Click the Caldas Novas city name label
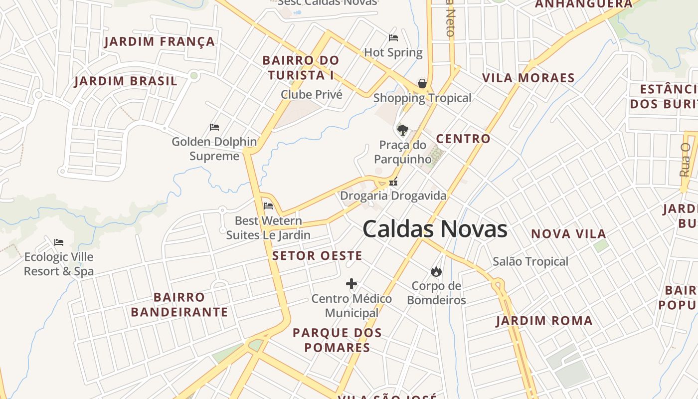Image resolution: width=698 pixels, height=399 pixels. click(x=435, y=229)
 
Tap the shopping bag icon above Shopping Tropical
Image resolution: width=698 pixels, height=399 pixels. click(x=422, y=83)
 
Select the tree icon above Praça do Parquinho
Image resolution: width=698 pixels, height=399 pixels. click(x=402, y=130)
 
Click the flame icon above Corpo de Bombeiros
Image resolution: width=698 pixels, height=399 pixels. click(x=436, y=271)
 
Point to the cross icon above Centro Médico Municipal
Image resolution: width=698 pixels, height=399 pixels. click(x=351, y=284)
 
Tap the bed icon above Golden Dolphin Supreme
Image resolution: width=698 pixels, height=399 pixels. click(x=214, y=127)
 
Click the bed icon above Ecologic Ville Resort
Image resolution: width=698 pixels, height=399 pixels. click(x=59, y=242)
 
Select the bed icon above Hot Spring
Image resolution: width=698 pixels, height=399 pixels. click(x=393, y=37)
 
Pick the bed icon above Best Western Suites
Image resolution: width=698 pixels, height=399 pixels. click(x=268, y=205)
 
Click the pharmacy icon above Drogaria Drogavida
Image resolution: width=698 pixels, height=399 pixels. click(x=393, y=182)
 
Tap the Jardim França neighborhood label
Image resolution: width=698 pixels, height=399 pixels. click(x=160, y=41)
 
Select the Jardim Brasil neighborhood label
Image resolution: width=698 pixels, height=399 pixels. click(x=126, y=81)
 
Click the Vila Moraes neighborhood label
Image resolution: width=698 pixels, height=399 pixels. click(x=528, y=78)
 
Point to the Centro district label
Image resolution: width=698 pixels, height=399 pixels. click(x=463, y=139)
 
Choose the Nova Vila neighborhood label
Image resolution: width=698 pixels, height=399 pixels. click(x=568, y=233)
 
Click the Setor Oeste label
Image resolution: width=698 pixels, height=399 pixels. click(x=317, y=256)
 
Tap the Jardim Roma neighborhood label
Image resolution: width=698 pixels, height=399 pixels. click(x=544, y=321)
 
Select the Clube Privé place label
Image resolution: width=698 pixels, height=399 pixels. click(x=312, y=94)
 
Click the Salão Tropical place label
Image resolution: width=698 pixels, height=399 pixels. click(x=530, y=261)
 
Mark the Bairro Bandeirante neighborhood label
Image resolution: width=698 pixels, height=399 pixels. click(x=179, y=305)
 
